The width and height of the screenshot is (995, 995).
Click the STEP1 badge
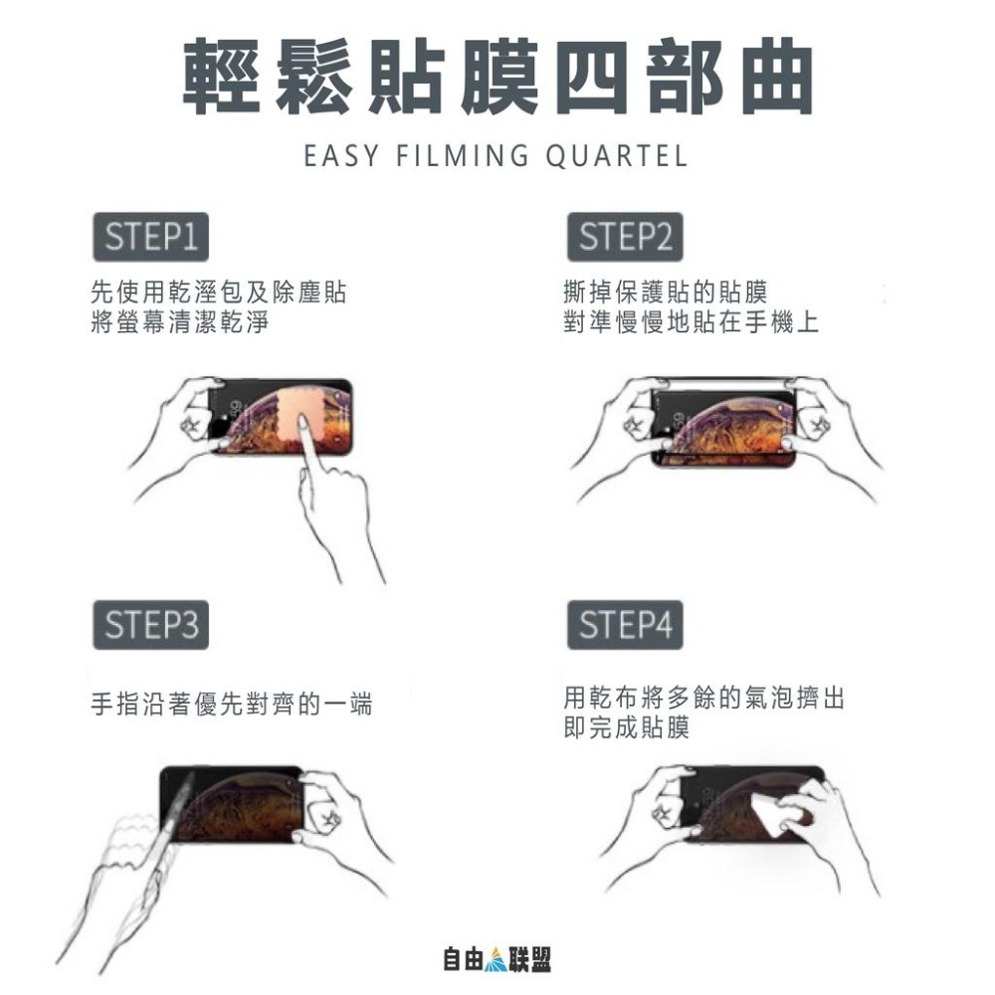(x=150, y=238)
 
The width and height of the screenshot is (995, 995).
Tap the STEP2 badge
(x=625, y=238)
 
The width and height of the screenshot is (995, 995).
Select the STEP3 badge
(x=150, y=625)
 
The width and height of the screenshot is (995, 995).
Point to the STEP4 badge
(x=625, y=625)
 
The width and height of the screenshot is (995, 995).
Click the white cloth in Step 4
(x=768, y=816)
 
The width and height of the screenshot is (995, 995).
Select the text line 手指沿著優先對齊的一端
(x=231, y=705)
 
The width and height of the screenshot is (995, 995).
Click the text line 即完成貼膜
(x=625, y=729)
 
